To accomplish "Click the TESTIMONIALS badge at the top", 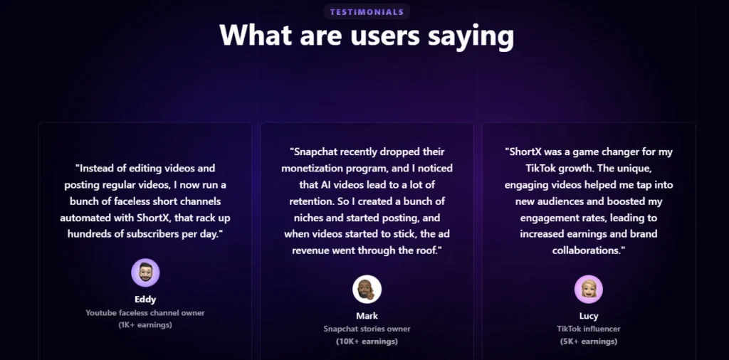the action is [x=367, y=12].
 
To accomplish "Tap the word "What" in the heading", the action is [x=256, y=34].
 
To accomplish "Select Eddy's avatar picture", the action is [x=145, y=272].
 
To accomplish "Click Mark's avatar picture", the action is [x=367, y=290].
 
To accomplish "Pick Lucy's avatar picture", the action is [x=589, y=289].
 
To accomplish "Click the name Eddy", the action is [x=145, y=300].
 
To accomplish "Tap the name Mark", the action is [x=367, y=316].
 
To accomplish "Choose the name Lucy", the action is [x=589, y=317].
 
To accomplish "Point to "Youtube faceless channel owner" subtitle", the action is [x=145, y=312].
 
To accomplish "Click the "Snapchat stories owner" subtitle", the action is [x=367, y=329].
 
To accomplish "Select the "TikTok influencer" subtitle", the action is [x=589, y=329].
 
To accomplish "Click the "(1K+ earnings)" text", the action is [x=145, y=325].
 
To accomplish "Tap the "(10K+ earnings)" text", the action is [x=367, y=342].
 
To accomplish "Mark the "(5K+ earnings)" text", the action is [x=589, y=342].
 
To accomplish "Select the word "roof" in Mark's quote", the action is [x=426, y=251].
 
